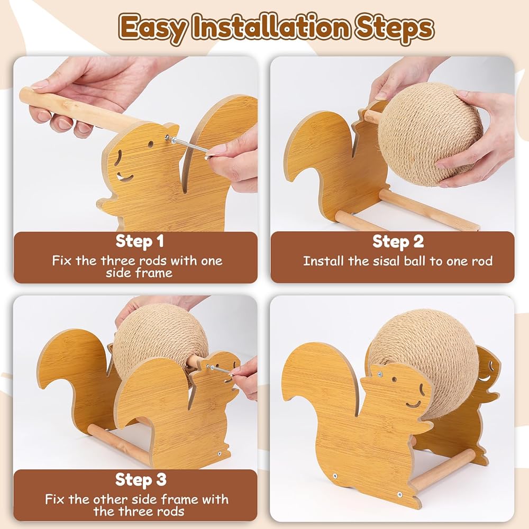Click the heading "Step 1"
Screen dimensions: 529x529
point(140,242)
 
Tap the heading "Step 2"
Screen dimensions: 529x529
point(398,242)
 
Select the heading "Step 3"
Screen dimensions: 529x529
point(141,480)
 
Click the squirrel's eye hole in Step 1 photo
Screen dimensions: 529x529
point(150,144)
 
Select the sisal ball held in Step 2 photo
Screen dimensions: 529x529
point(430,135)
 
